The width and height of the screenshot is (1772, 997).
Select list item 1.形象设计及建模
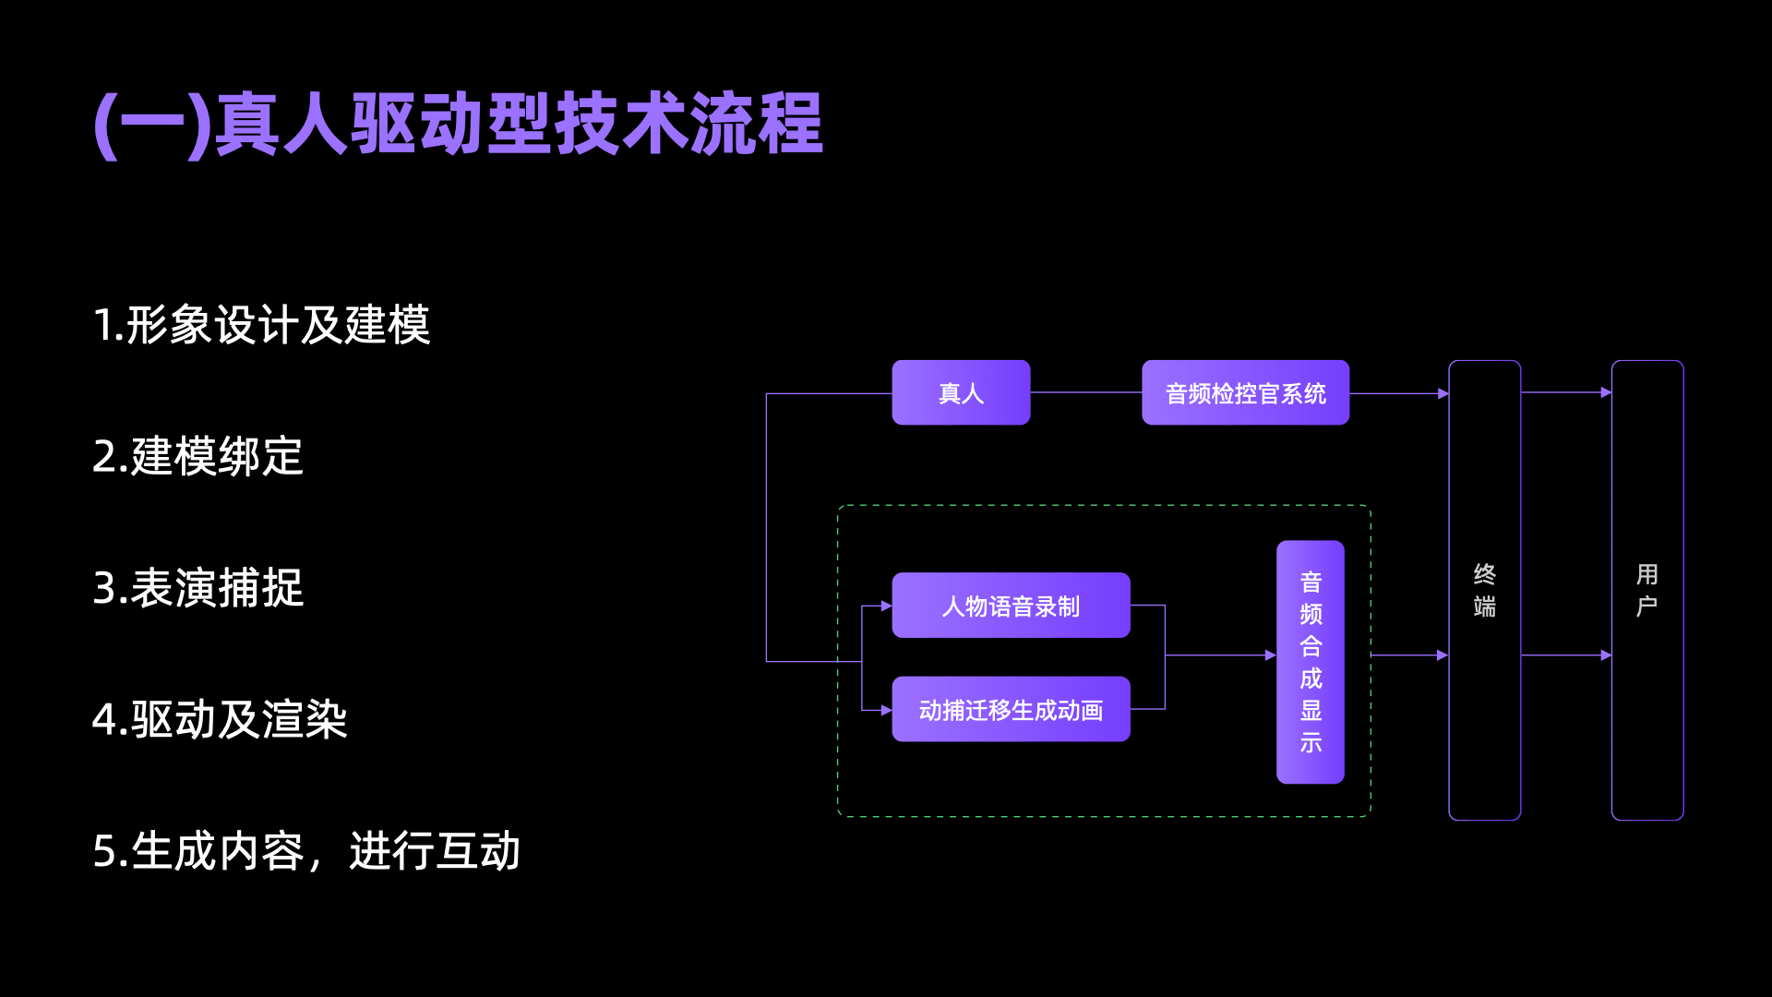[x=261, y=325]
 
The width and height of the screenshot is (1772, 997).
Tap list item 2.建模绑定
[x=198, y=456]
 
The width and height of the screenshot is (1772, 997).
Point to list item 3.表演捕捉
[x=198, y=588]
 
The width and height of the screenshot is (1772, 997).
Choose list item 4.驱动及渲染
[x=220, y=719]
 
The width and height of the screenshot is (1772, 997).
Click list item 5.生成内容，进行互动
[x=306, y=850]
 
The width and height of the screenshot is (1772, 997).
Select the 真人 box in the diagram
[x=961, y=393]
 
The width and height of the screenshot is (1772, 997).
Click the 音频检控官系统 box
[x=1245, y=393]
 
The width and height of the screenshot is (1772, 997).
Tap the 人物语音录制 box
[x=1011, y=606]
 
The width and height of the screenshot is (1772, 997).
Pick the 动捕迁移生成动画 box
[x=1011, y=710]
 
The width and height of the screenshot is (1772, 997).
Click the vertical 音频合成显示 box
[x=1310, y=662]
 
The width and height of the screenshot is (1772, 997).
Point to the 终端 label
[x=1484, y=590]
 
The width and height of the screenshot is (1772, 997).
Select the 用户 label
[x=1646, y=590]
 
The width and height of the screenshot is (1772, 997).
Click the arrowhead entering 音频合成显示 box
[x=1271, y=655]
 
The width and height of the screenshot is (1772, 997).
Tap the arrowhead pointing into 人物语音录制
[x=886, y=607]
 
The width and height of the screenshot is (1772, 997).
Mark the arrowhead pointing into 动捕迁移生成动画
[x=886, y=711]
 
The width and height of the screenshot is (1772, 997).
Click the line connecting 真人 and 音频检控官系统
[x=1085, y=392]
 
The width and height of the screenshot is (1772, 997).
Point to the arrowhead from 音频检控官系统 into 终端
[x=1443, y=394]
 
